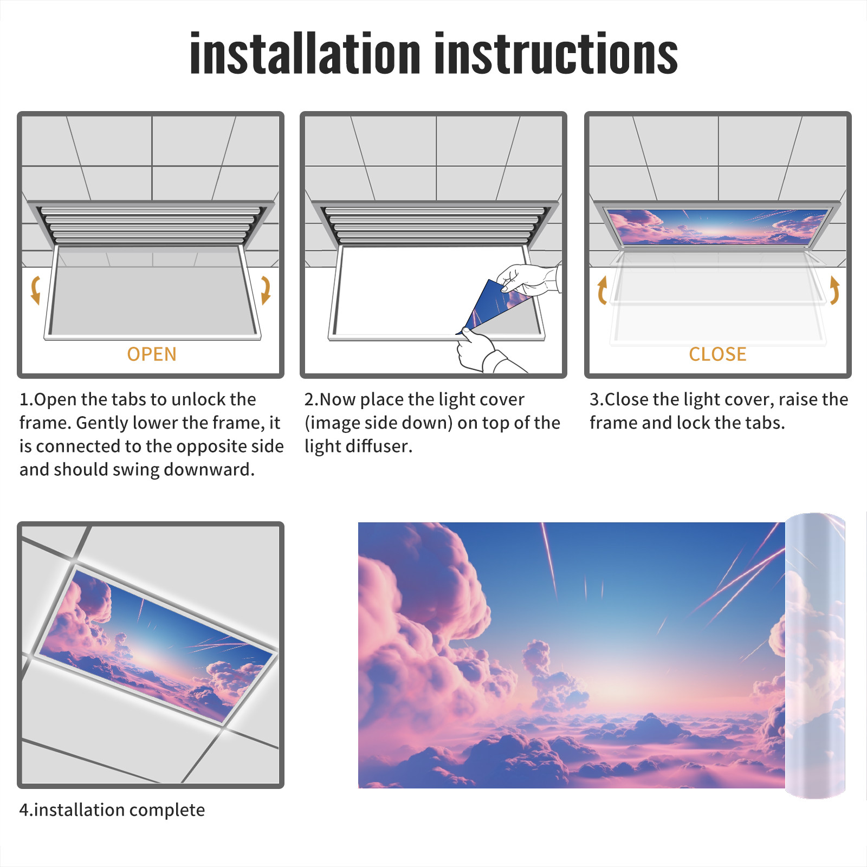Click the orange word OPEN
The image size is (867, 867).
coord(152,354)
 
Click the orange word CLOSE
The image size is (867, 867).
coord(717,354)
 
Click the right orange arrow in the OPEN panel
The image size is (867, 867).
coord(266,290)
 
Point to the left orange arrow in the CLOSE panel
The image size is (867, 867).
coord(601,290)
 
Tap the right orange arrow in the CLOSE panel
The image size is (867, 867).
coord(834,290)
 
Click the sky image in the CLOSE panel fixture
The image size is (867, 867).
coord(718,227)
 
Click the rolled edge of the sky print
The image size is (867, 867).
coord(815,656)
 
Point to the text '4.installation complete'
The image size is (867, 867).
coord(112,810)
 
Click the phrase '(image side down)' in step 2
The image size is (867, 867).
coord(379,423)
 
